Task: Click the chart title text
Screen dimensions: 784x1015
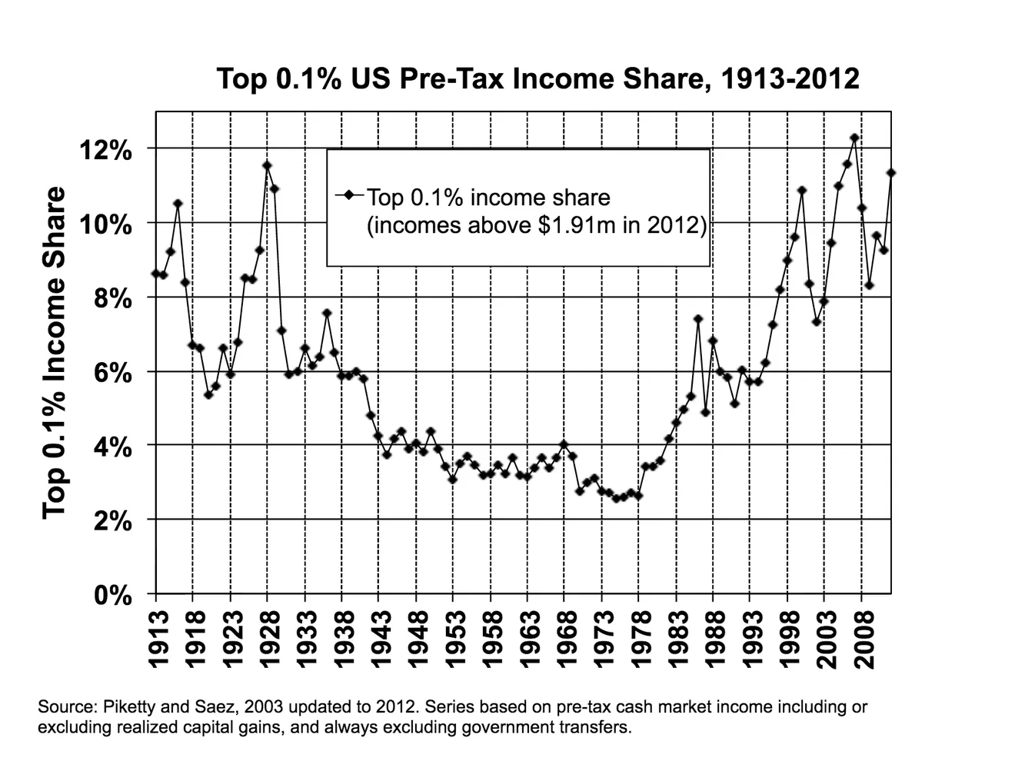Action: pos(537,79)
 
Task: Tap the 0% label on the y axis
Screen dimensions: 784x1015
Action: pos(112,596)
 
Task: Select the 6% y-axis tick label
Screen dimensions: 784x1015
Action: pos(112,373)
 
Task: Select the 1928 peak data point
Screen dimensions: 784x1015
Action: pos(267,165)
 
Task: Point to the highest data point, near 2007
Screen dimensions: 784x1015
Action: pos(854,138)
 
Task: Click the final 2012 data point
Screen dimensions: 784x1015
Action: pos(891,173)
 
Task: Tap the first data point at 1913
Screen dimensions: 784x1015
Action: pos(156,274)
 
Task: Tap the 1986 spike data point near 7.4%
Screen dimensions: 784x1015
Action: pos(697,319)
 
